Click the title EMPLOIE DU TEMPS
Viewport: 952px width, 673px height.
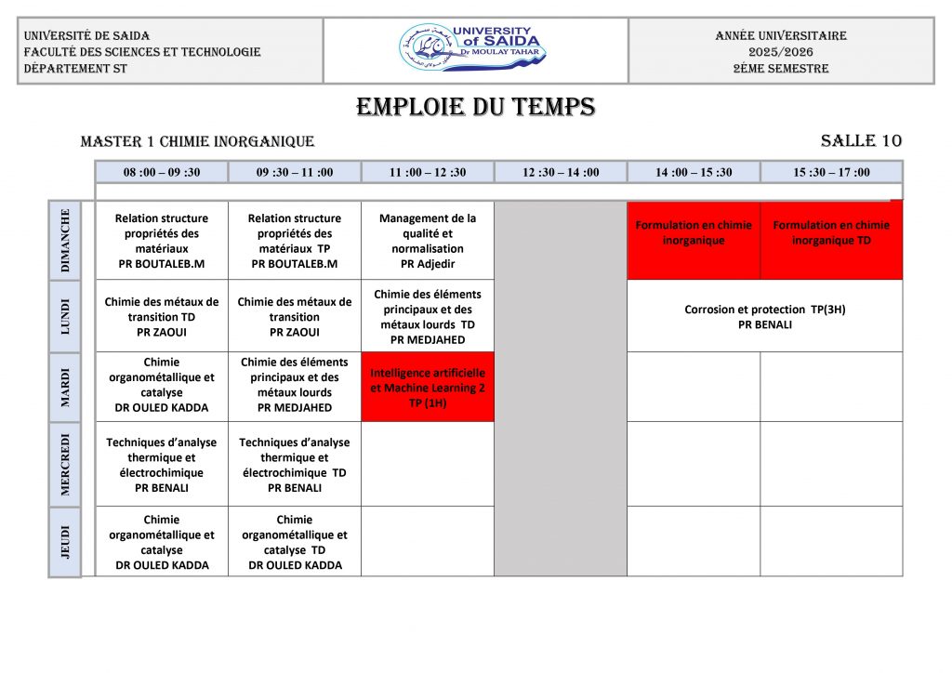pos(475,108)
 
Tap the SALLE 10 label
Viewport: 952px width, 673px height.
pos(861,141)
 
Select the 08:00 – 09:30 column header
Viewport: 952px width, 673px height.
pos(162,172)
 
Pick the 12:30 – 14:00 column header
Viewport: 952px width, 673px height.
pos(561,172)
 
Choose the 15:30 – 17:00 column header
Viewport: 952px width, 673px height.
pos(831,172)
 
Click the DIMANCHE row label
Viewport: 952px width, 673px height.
pos(65,240)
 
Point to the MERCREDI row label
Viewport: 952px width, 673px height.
pos(65,464)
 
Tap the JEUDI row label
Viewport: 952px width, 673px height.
pos(65,542)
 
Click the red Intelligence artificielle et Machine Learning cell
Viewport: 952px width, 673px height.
pos(428,387)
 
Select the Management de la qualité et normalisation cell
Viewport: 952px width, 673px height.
pos(428,241)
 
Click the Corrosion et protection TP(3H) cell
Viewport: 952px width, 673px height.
pos(764,316)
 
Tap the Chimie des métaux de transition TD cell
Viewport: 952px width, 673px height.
pos(162,316)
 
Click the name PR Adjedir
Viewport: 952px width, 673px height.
pos(428,264)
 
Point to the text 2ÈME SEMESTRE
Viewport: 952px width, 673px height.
pos(781,69)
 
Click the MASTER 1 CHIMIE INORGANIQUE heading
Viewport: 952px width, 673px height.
pos(197,142)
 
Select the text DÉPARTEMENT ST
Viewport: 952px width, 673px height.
pos(76,69)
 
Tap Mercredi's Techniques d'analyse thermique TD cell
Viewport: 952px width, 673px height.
pos(295,465)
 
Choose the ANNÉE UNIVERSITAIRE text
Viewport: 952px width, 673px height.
pos(781,35)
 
